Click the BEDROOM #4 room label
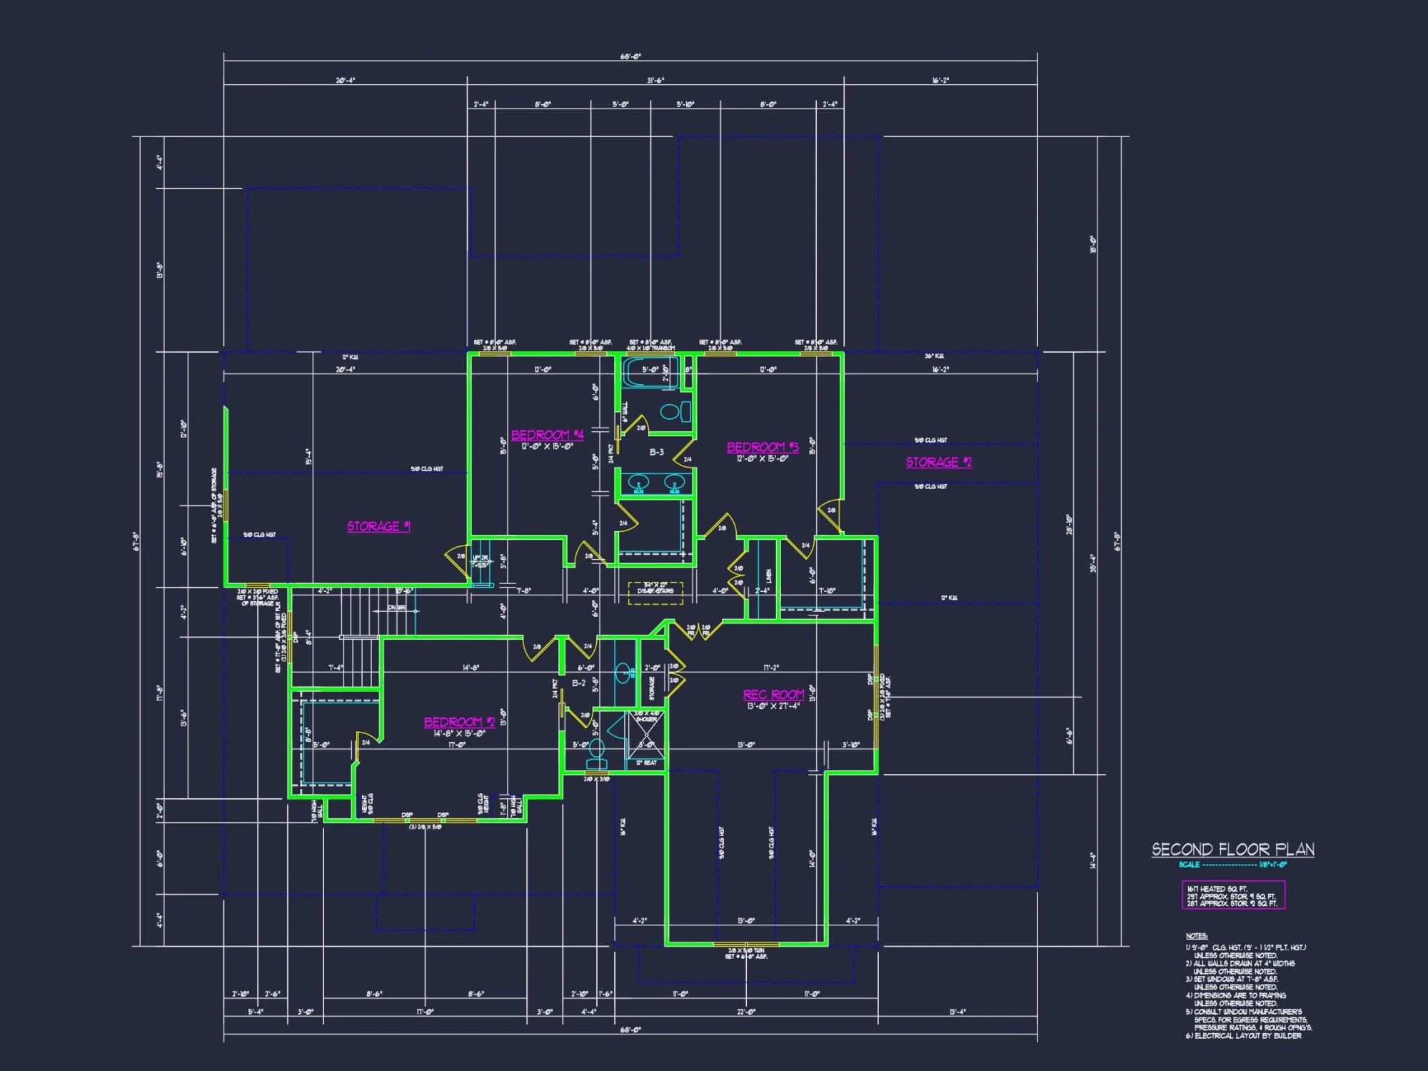[x=547, y=435]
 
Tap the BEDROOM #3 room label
[x=762, y=447]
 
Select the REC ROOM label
[x=773, y=695]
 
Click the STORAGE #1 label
[x=378, y=526]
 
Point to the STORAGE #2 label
[x=938, y=462]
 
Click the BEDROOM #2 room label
[x=459, y=722]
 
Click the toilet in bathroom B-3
[x=675, y=411]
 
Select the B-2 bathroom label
[x=578, y=683]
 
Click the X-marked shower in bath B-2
[x=647, y=735]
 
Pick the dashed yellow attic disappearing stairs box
[x=655, y=593]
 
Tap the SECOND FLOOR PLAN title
[x=1232, y=849]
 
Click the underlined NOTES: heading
[x=1197, y=936]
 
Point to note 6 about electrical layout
[x=1243, y=1036]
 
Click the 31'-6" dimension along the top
[x=655, y=81]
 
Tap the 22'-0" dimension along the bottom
[x=746, y=1012]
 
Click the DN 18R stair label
[x=396, y=608]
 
